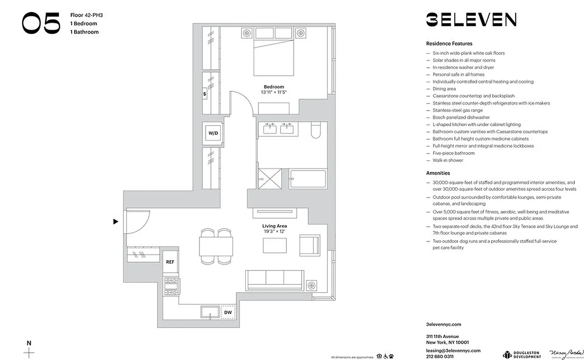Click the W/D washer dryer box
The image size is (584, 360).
pos(212,134)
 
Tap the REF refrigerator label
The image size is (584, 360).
pos(170,261)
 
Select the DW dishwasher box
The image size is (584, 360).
pos(228,312)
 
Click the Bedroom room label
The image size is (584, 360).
pos(274,87)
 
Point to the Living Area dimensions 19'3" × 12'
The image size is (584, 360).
pos(274,231)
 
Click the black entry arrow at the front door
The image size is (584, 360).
pos(116,221)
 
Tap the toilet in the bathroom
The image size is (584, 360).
pos(315,129)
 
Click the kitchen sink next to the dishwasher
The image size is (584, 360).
pos(210,312)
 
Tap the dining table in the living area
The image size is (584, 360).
pos(216,246)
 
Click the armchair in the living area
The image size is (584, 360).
pos(309,245)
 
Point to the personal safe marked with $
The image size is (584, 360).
pos(205,94)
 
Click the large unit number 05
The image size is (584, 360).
pos(41,23)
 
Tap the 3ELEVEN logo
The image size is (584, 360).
pos(471,19)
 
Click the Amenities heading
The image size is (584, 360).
pos(438,173)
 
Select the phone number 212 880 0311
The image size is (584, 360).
pos(439,356)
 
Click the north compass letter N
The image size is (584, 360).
pos(29,343)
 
